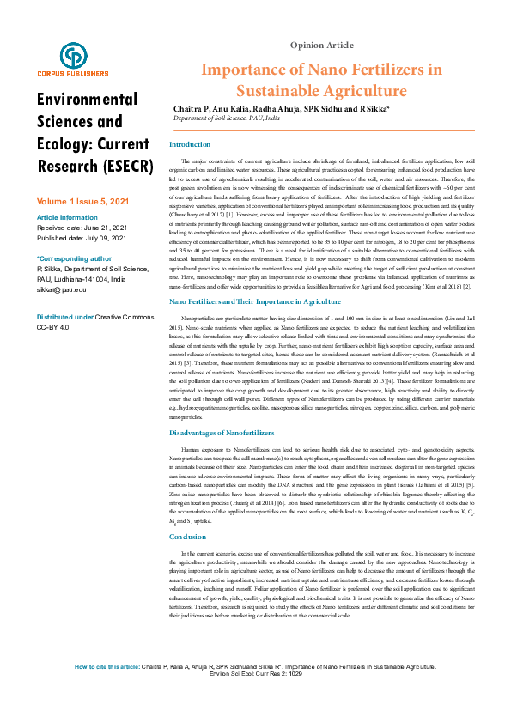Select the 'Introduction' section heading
click(189, 144)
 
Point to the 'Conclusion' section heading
click(188, 537)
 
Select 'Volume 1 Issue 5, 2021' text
click(82, 200)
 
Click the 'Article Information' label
click(67, 217)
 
